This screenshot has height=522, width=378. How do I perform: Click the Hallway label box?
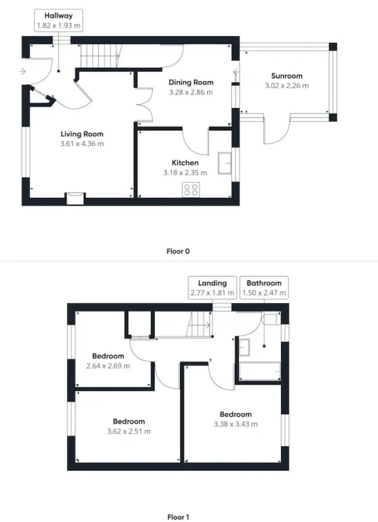pos(58,20)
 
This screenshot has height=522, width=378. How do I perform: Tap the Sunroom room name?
pos(286,75)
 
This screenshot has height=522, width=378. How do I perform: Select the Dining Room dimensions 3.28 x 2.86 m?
pos(191,92)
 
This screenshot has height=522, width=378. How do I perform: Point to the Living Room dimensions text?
pos(82,144)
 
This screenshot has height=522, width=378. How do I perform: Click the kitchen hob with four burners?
pos(191,190)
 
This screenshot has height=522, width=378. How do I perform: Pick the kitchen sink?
pos(225,163)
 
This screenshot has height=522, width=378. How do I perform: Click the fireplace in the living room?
pos(76,198)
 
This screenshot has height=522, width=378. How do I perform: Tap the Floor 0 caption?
pos(178,251)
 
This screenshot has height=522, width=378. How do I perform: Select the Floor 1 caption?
pos(178,517)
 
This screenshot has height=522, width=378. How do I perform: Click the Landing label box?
pos(212,288)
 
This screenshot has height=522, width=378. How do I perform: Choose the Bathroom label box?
pos(264,288)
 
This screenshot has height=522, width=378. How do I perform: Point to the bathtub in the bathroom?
pos(260,371)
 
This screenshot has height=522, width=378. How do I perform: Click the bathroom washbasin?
pos(244,347)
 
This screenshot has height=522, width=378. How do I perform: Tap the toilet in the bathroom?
pos(271,319)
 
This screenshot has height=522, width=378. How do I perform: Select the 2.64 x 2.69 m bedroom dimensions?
pos(108,366)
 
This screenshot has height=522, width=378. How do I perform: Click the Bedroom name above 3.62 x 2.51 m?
pos(129,421)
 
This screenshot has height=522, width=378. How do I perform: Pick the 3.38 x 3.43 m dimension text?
pos(235,424)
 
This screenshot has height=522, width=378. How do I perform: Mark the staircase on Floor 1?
pos(199,324)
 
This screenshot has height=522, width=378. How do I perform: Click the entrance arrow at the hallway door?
pos(22,71)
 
